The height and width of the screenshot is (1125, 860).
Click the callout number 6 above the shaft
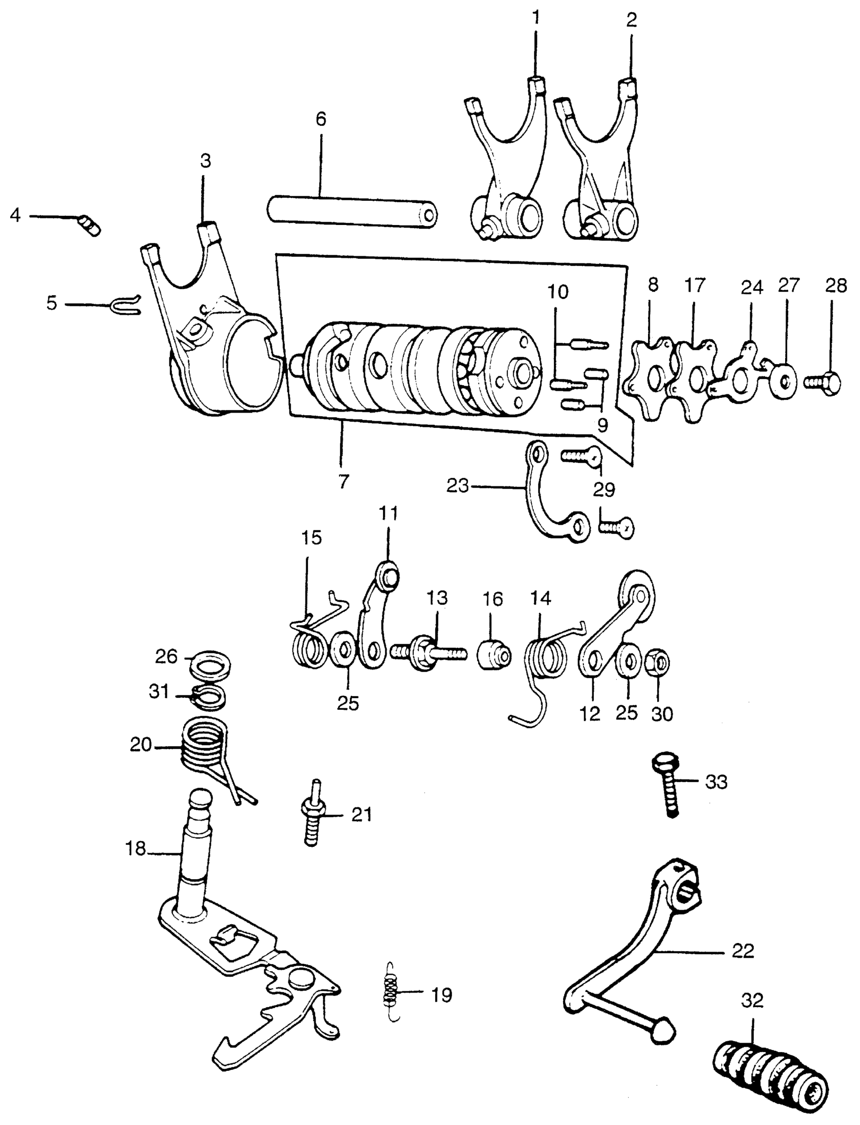321,120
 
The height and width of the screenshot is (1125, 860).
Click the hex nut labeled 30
659,663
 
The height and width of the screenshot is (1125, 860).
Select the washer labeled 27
782,381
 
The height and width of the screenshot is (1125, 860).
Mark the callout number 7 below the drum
343,482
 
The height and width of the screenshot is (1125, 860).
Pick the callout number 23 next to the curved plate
458,486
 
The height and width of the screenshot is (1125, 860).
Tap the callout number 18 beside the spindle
136,849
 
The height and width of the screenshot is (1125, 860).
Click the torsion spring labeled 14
547,660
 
